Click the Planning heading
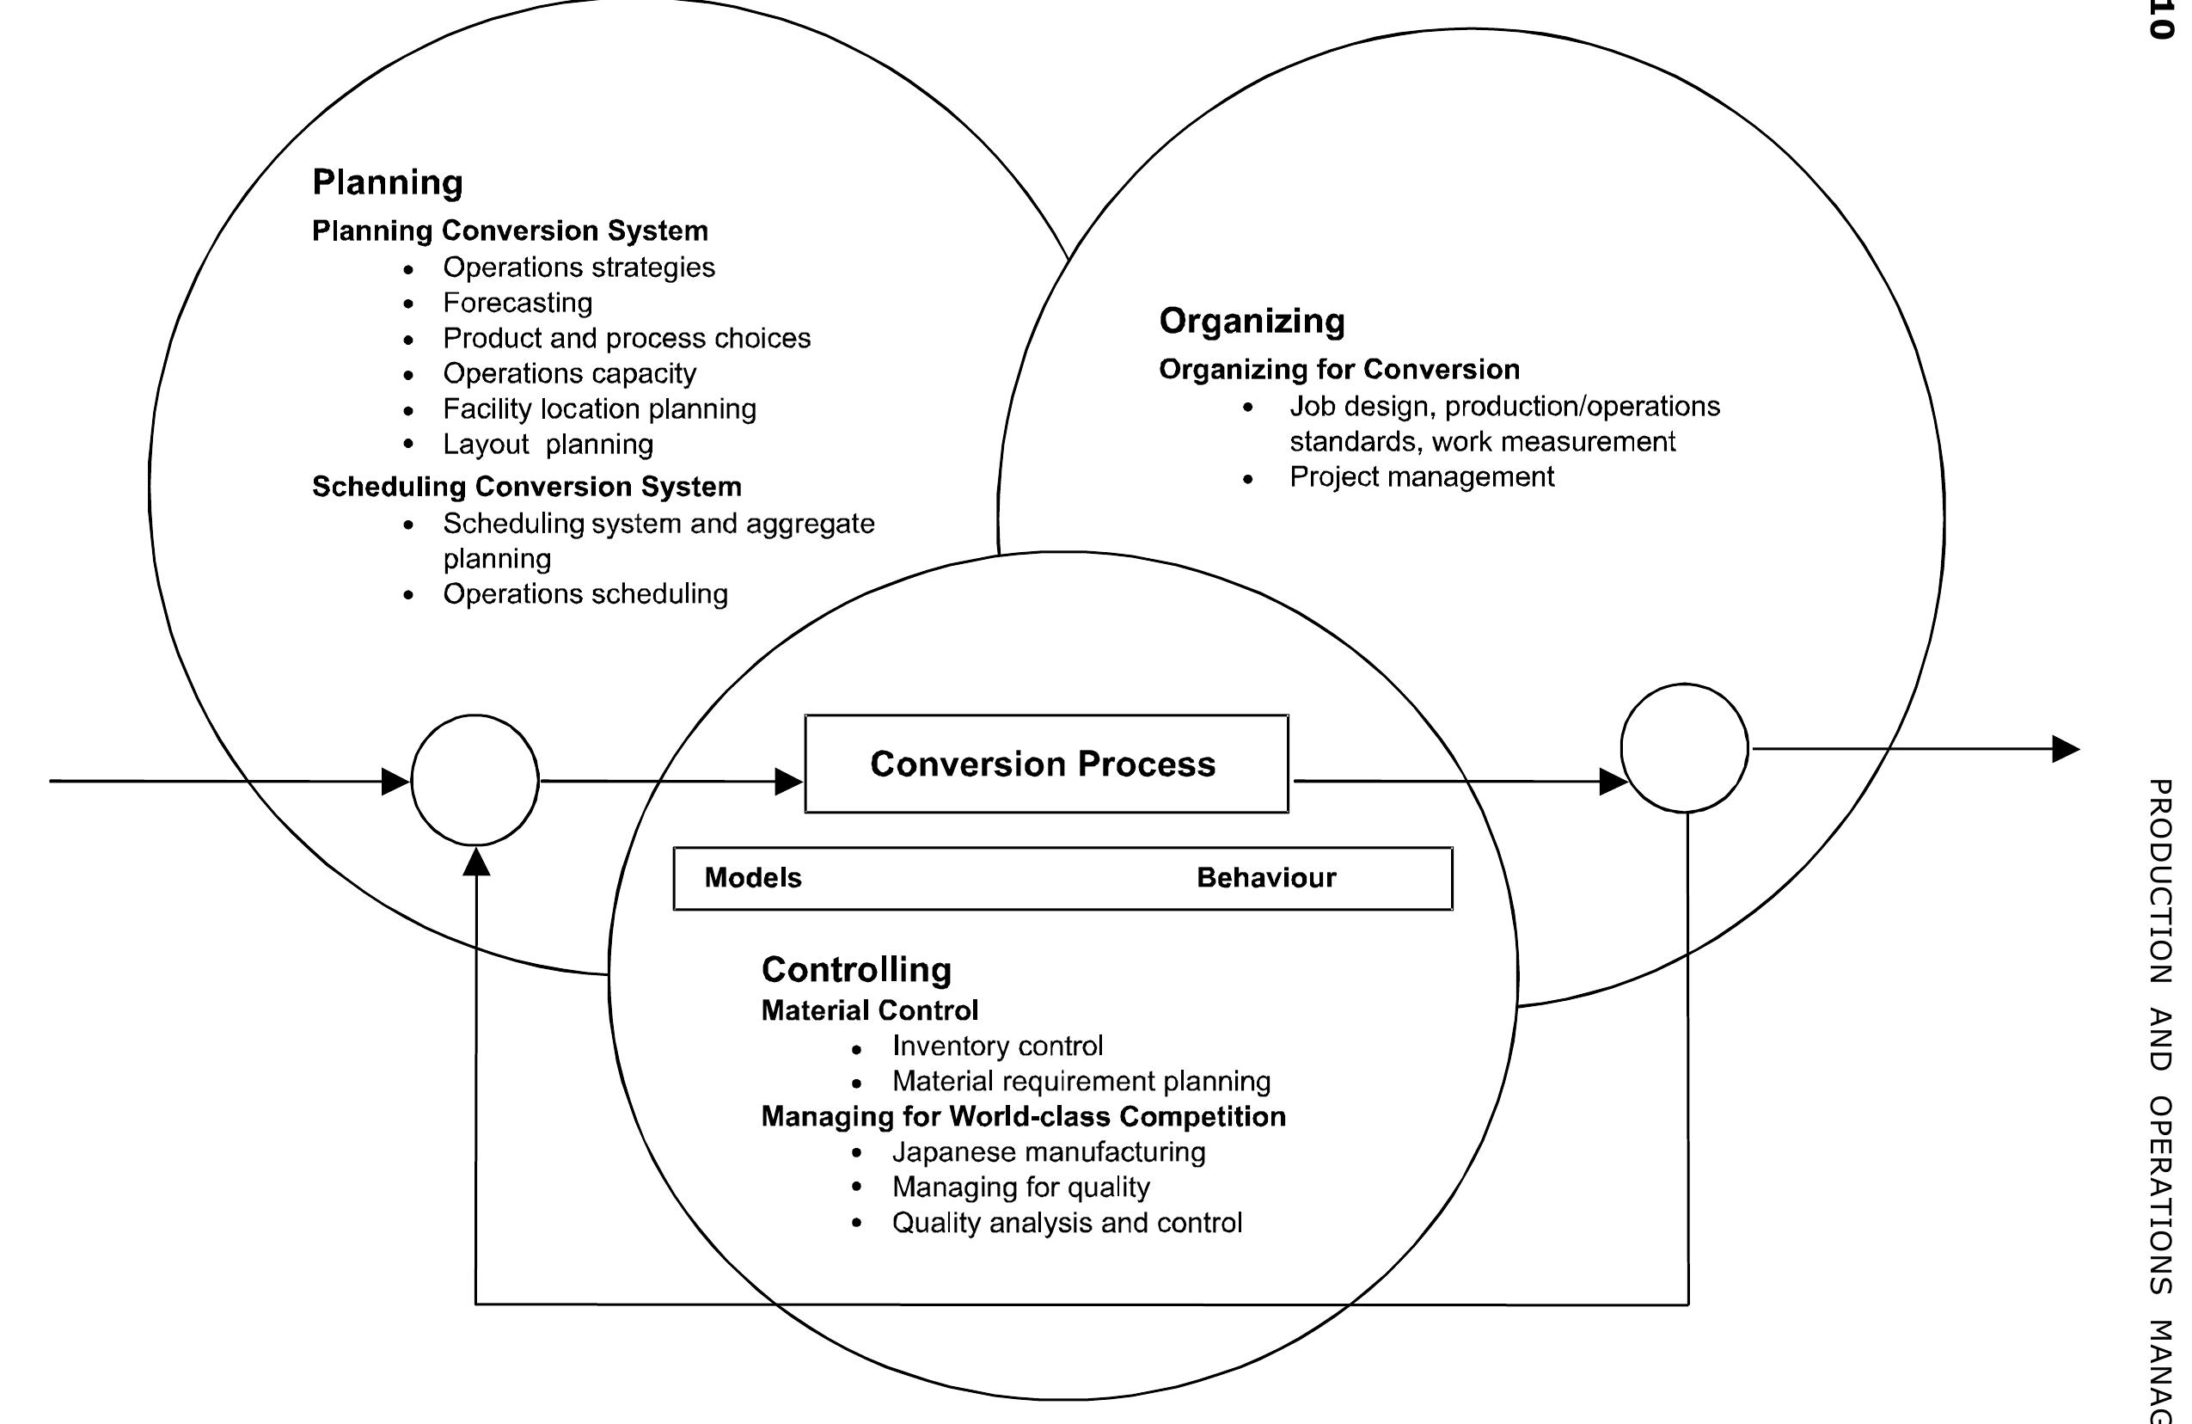click(387, 182)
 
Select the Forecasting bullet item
click(517, 303)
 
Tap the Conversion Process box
click(1045, 764)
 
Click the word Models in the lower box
click(752, 878)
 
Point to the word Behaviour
click(1265, 878)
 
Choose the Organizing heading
click(1251, 322)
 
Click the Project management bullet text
click(1420, 477)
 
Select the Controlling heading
click(855, 970)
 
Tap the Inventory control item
click(996, 1047)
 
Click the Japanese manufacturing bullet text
click(1048, 1152)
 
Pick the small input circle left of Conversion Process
click(475, 780)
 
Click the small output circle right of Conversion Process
click(1684, 748)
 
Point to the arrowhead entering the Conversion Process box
click(788, 782)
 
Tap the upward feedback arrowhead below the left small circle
click(476, 862)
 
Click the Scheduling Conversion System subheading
click(526, 487)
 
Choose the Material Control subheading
click(868, 1010)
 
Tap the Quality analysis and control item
click(1067, 1223)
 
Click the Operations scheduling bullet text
click(585, 594)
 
